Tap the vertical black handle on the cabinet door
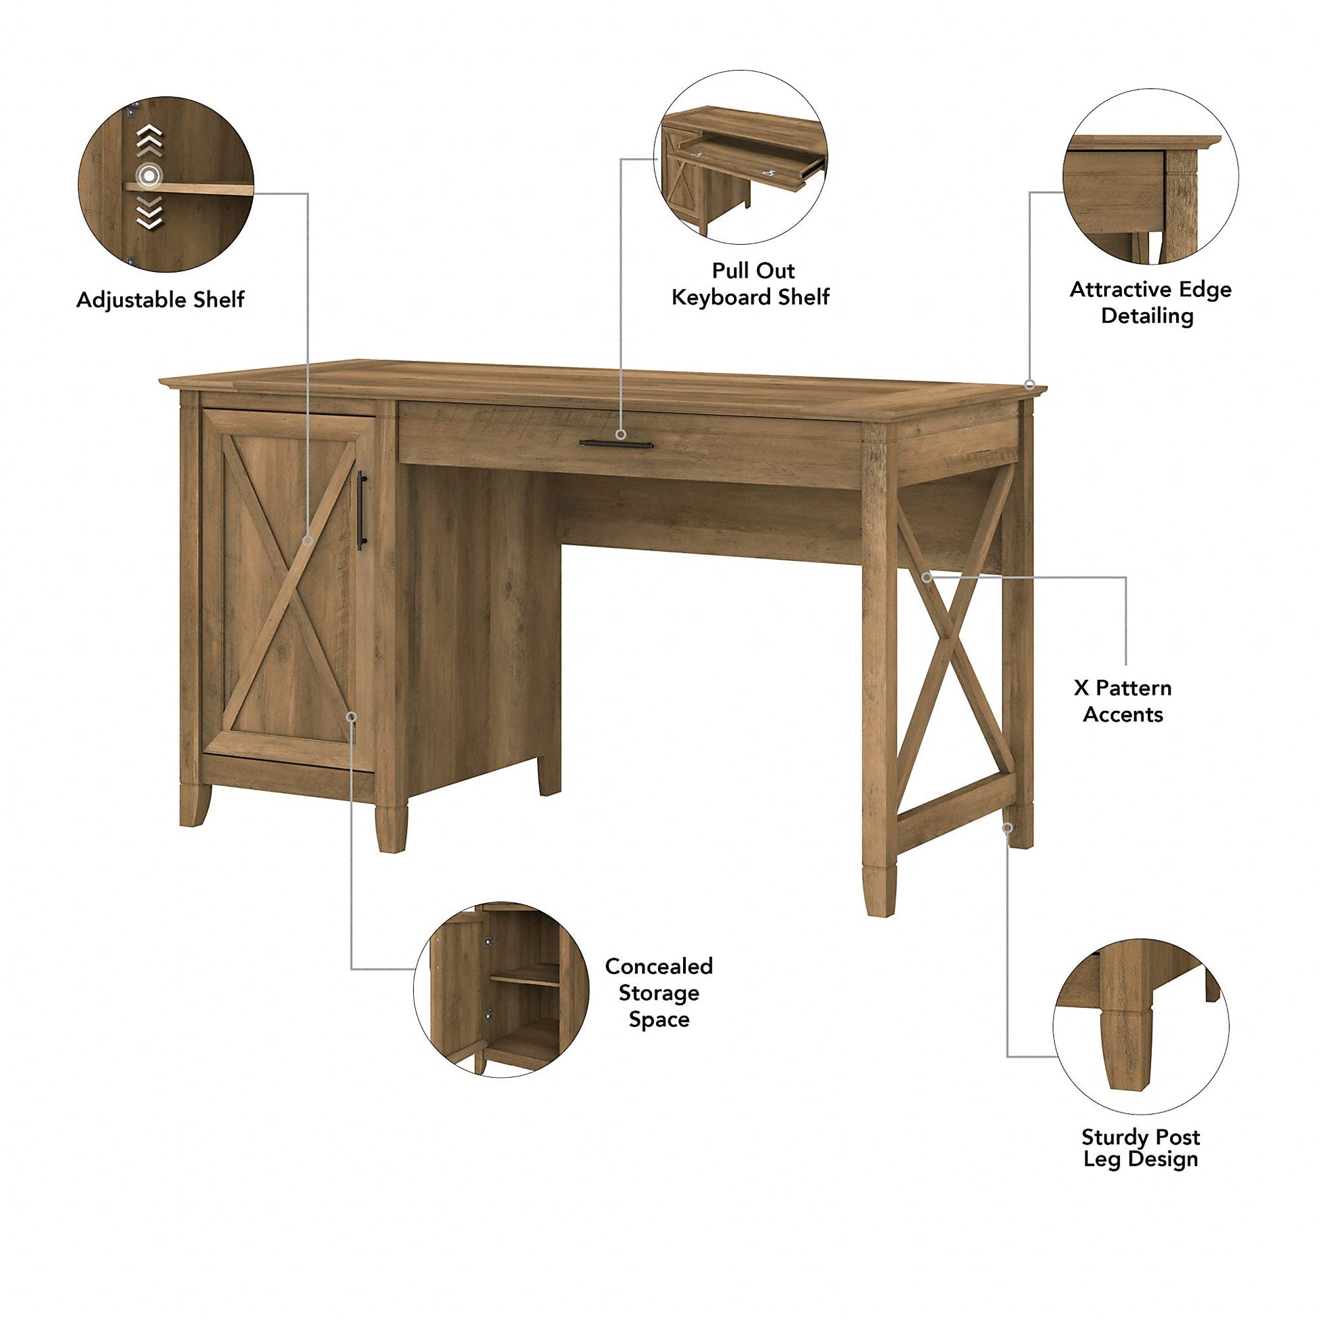point(361,509)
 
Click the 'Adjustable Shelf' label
point(160,300)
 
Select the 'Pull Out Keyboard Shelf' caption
point(750,284)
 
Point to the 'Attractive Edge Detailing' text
point(1150,303)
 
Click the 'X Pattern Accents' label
point(1123,700)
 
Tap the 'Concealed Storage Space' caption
point(658,993)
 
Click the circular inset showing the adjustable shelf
point(166,185)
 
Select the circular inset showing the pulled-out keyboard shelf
point(741,157)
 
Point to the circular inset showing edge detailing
point(1150,176)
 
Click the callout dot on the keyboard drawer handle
point(621,435)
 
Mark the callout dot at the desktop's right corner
point(1030,385)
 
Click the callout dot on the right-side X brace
point(927,577)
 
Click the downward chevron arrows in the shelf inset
point(150,212)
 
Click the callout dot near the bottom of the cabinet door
point(352,717)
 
